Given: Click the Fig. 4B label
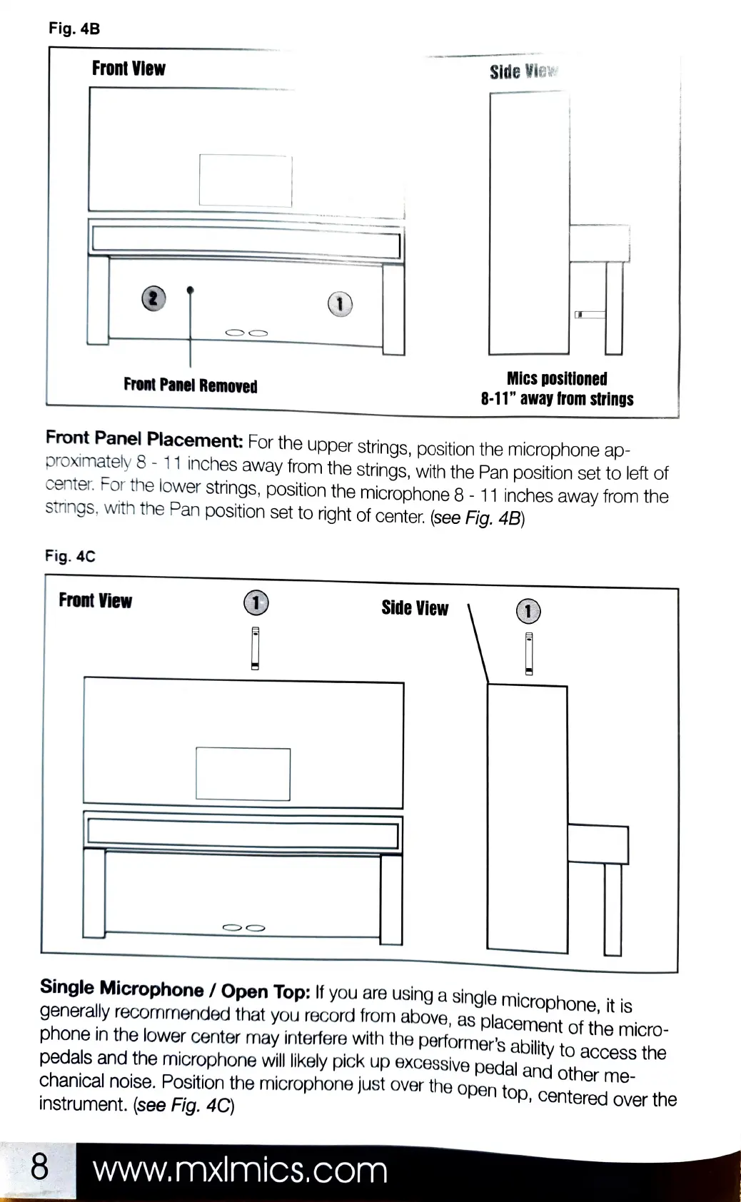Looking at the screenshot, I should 74,29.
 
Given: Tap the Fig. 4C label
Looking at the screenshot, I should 70,556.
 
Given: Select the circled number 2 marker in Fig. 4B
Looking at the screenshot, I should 153,298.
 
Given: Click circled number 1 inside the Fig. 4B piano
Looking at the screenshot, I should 340,304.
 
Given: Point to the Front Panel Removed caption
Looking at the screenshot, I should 190,385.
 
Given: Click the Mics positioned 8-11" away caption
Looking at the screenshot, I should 557,389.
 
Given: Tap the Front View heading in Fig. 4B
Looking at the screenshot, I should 128,69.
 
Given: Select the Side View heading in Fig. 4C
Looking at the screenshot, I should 415,608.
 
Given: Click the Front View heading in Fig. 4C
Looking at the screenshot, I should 95,601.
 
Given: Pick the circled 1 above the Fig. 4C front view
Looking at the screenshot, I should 256,602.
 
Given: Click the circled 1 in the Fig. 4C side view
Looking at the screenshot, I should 528,611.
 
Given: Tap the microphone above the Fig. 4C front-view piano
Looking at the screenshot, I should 255,648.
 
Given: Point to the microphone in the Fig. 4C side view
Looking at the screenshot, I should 529,653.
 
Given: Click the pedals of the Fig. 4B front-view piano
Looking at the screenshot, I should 246,333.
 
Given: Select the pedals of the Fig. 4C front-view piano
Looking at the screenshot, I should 244,928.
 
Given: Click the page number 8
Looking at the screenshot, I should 39,1166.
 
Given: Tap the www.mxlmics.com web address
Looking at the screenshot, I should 240,1171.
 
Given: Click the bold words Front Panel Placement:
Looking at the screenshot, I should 144,438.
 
